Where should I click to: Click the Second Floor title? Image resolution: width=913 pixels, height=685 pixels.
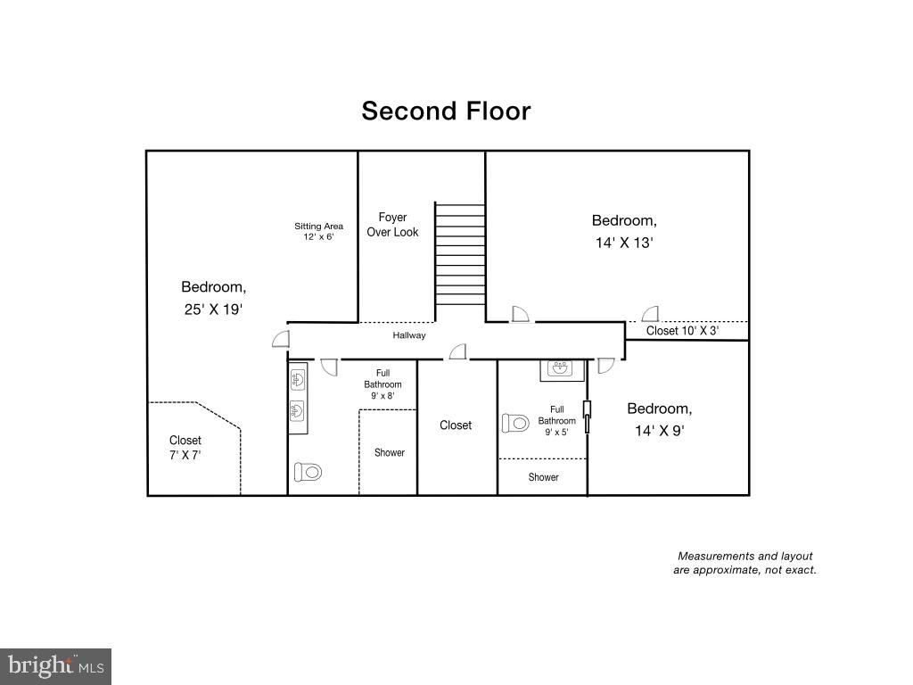click(x=446, y=111)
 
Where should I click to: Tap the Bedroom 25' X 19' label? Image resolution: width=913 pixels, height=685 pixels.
click(x=213, y=298)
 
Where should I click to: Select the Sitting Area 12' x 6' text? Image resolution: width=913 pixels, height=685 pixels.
click(x=318, y=231)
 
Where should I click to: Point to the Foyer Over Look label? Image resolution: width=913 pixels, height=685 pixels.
click(x=392, y=225)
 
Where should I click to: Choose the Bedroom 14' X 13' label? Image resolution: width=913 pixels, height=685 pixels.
click(x=624, y=231)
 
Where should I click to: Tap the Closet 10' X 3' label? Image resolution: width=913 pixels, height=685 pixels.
click(x=682, y=331)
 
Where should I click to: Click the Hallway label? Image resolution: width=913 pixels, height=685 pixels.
click(x=409, y=335)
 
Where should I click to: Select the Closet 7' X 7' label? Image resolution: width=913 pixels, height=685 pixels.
click(x=185, y=448)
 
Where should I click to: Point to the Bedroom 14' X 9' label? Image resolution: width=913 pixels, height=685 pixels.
click(x=659, y=418)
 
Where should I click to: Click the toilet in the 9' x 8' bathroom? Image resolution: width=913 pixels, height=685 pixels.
click(x=308, y=472)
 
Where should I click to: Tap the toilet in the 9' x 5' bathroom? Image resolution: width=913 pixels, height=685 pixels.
click(x=515, y=423)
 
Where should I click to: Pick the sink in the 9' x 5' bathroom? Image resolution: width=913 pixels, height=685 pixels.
click(x=562, y=369)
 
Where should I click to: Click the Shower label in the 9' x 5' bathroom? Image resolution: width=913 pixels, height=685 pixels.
click(x=543, y=477)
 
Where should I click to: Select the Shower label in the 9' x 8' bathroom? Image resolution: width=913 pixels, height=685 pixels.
click(x=389, y=452)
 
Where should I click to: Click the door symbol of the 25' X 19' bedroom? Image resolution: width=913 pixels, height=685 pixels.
click(x=281, y=339)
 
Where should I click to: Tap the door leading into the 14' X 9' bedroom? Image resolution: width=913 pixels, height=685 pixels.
click(x=605, y=365)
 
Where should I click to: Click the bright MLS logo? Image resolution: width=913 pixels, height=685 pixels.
click(x=55, y=665)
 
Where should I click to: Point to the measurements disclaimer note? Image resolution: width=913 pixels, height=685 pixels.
click(x=744, y=563)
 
